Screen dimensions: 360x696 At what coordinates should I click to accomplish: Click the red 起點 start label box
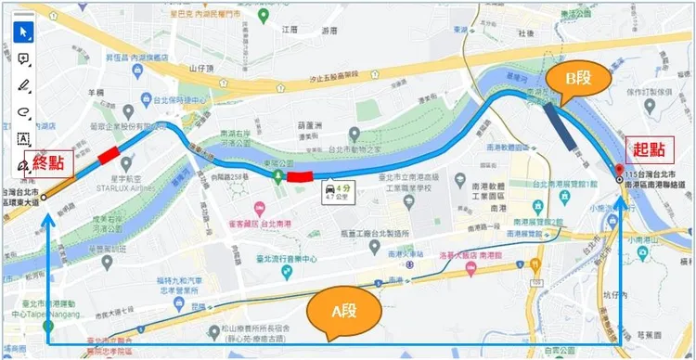point(646,149)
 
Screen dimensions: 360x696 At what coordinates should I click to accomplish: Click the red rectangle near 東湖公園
point(300,176)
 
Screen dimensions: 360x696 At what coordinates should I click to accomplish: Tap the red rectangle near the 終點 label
point(109,153)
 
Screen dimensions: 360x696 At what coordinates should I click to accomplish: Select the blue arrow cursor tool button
point(24,33)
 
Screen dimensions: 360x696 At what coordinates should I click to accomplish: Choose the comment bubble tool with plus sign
point(24,59)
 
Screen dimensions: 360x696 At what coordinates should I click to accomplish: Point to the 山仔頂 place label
point(201,68)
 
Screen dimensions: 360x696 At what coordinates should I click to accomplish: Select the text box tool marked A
point(24,138)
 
